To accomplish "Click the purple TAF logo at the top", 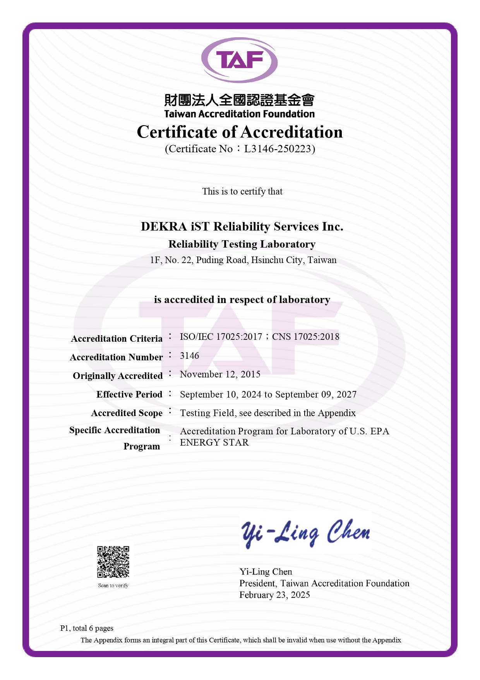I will click(240, 60).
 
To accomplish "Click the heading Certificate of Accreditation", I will click(240, 132).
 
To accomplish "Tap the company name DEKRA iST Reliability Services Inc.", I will click(242, 226).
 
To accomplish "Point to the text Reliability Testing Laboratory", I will click(242, 244).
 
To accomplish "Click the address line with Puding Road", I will click(243, 260).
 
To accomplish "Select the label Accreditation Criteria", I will click(117, 339).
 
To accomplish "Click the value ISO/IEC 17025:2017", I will click(221, 337).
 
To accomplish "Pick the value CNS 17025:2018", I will click(305, 337).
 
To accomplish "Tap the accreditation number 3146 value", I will click(190, 356).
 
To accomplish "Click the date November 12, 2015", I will click(220, 374).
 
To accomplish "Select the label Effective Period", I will click(129, 394).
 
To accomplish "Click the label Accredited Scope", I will click(127, 413).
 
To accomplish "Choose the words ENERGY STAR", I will click(214, 442).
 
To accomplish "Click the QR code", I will click(113, 562).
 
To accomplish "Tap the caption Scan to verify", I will click(113, 585).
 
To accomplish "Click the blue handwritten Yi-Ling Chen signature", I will click(305, 533).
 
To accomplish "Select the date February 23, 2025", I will click(274, 595).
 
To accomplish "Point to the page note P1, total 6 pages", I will click(87, 628).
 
